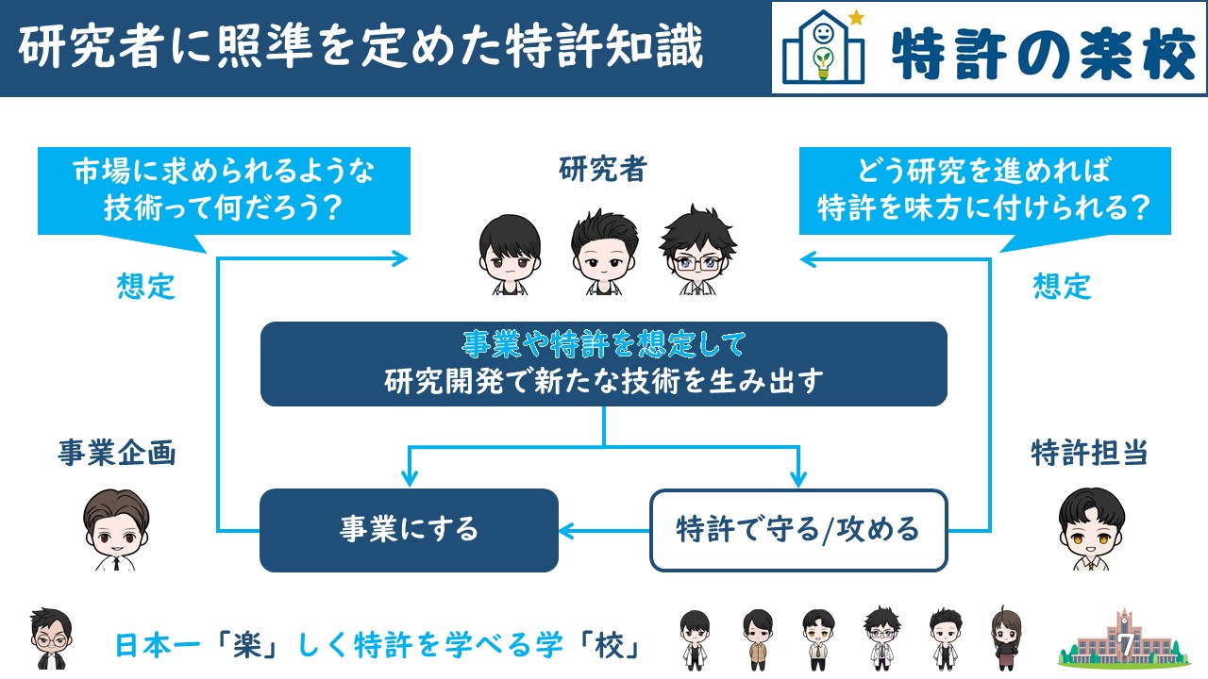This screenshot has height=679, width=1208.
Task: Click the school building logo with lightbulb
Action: coord(824,47)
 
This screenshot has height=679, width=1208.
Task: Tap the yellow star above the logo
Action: coord(856,18)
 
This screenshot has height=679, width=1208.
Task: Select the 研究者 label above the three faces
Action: coord(602,169)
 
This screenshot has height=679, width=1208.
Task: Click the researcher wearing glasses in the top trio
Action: coord(697,250)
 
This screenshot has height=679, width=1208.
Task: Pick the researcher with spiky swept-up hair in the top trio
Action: coord(605,252)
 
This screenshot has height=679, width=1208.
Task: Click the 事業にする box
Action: coord(409,530)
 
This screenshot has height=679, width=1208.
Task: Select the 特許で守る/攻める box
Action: coord(798,530)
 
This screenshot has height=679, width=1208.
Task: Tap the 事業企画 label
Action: coord(116,453)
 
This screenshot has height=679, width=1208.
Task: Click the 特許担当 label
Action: coord(1089,453)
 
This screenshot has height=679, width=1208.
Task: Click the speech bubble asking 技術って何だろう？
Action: coord(224,191)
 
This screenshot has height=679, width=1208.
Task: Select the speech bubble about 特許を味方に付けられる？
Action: coord(984,191)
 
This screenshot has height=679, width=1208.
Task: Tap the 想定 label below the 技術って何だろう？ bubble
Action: coord(145,286)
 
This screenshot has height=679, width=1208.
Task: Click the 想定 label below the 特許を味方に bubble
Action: coord(1062,286)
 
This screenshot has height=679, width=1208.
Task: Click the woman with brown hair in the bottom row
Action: coord(1006,638)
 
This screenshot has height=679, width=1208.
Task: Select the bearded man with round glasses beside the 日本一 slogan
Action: coord(51,638)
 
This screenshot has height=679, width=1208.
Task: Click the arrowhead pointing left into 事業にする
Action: coord(566,531)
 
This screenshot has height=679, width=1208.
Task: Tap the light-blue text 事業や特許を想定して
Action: coord(604,344)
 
